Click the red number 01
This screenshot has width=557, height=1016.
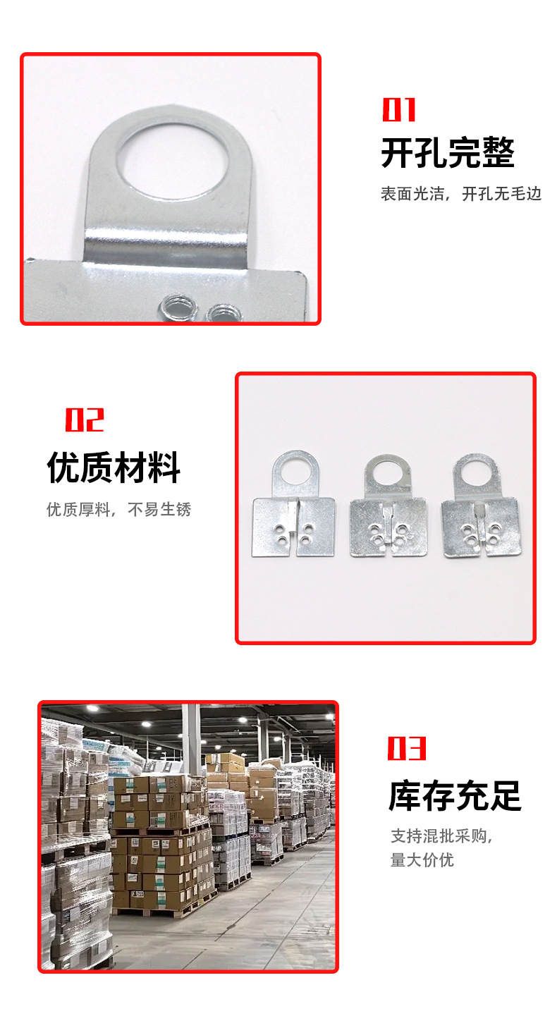click(x=398, y=110)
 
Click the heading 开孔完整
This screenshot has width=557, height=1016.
click(x=448, y=153)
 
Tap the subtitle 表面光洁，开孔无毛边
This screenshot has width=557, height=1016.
click(x=461, y=194)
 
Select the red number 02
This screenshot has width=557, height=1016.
click(x=85, y=420)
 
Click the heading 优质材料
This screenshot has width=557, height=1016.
click(x=114, y=467)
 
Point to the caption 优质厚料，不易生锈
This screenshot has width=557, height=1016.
click(x=119, y=509)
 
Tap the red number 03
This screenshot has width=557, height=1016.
click(x=407, y=748)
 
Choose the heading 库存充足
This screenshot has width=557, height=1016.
click(x=455, y=796)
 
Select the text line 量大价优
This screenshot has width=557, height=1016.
click(x=422, y=860)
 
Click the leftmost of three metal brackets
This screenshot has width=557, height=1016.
click(x=293, y=503)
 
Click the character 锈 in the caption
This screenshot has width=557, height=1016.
click(x=184, y=509)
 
